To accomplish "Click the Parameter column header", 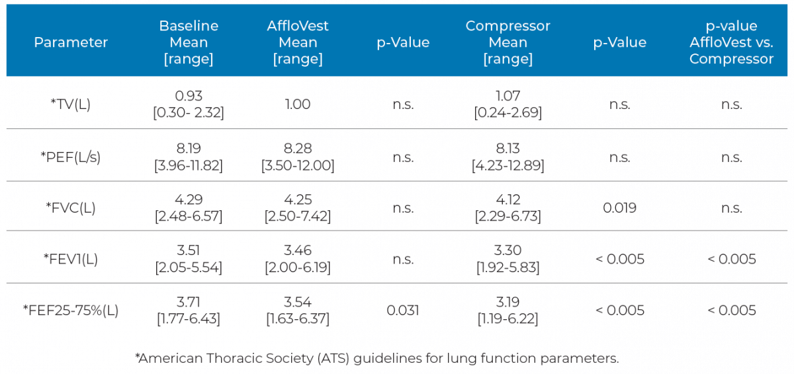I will click(x=71, y=42).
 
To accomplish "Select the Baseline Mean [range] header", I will click(x=189, y=42).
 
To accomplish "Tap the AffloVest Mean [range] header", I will click(x=298, y=42).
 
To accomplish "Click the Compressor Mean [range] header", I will click(x=507, y=42).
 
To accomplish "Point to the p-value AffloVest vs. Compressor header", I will click(x=731, y=42).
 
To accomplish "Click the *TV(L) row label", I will click(x=71, y=104).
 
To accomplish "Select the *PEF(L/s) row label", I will click(x=71, y=157).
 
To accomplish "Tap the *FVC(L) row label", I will click(x=71, y=207).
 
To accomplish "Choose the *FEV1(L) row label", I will click(x=71, y=259).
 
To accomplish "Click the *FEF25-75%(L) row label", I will click(x=71, y=311).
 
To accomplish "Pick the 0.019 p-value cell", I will click(x=619, y=207).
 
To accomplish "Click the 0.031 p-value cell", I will click(x=403, y=311).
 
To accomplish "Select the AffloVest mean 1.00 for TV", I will click(x=298, y=104).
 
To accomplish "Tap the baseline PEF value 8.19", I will click(x=189, y=149).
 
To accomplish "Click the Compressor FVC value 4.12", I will click(x=507, y=200).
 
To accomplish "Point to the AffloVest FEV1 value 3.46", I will click(x=298, y=251).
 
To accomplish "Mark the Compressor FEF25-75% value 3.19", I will click(x=507, y=303).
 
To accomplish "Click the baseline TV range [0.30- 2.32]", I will click(x=189, y=113).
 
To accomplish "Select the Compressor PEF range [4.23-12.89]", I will click(x=507, y=166).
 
